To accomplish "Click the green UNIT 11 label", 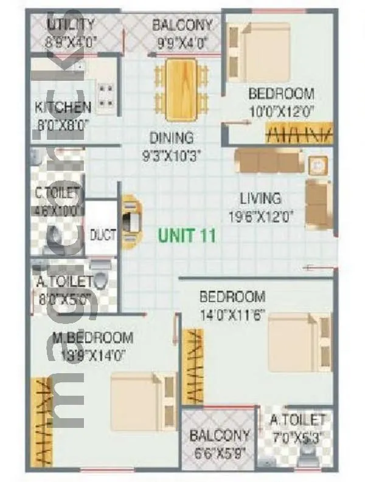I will point(187,235).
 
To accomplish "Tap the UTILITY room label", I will point(71,25).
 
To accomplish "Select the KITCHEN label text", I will point(63,108).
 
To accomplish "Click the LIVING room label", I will point(260,198).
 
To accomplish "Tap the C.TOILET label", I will point(57,193).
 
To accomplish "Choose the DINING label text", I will point(172,138).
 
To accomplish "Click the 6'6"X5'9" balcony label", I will point(219,435).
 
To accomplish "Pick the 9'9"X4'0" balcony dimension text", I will point(182,43).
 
